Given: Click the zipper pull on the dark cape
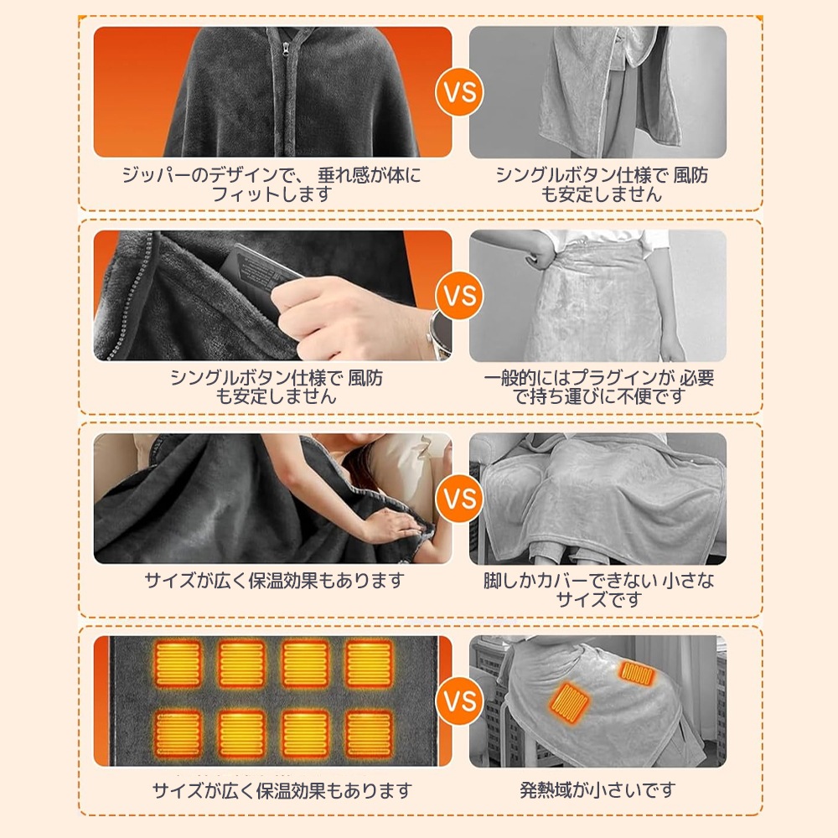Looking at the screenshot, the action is [x=287, y=53].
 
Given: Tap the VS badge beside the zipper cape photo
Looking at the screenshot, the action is [x=459, y=92].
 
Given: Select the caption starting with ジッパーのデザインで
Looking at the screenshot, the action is [x=272, y=184].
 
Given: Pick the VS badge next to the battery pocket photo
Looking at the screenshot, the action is [x=459, y=296].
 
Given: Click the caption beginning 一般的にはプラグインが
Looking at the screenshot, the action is [x=598, y=387].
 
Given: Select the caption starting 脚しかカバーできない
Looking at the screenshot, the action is [x=598, y=590].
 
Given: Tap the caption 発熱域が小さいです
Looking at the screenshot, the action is [x=598, y=789].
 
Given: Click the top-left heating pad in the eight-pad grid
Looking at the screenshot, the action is [x=178, y=665].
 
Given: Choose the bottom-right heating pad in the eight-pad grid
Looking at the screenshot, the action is [x=370, y=733].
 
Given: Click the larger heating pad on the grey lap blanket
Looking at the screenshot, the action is [x=569, y=701].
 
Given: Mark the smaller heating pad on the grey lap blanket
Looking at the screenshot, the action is [x=637, y=674].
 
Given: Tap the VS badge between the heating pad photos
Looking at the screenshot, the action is [x=459, y=701].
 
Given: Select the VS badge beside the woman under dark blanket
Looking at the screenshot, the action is [x=459, y=499].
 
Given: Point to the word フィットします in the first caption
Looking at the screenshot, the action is [x=272, y=194].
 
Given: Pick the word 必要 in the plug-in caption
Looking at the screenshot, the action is [x=697, y=378].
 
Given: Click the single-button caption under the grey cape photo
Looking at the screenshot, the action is [x=602, y=184].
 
